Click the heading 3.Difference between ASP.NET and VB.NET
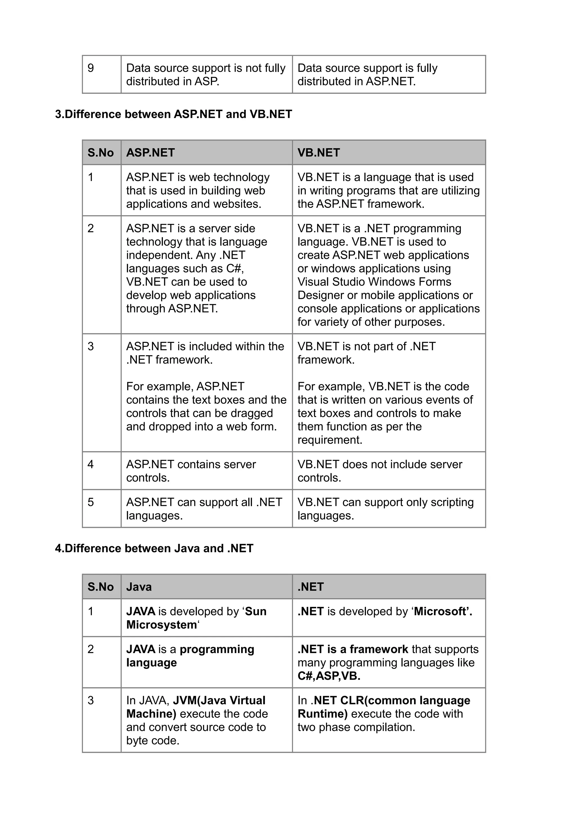pyautogui.click(x=173, y=114)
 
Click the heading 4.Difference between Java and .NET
pyautogui.click(x=154, y=548)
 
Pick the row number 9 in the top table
pyautogui.click(x=91, y=68)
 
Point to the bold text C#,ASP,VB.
pyautogui.click(x=328, y=676)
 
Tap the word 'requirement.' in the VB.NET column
pyautogui.click(x=330, y=440)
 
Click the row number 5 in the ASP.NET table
pyautogui.click(x=91, y=502)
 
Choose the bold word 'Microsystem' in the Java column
pyautogui.click(x=161, y=625)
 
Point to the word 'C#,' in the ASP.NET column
pyautogui.click(x=235, y=269)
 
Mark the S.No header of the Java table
pyautogui.click(x=100, y=587)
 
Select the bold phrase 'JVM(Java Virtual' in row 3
pyautogui.click(x=219, y=700)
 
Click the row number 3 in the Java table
pyautogui.click(x=91, y=700)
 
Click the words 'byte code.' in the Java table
pyautogui.click(x=153, y=740)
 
